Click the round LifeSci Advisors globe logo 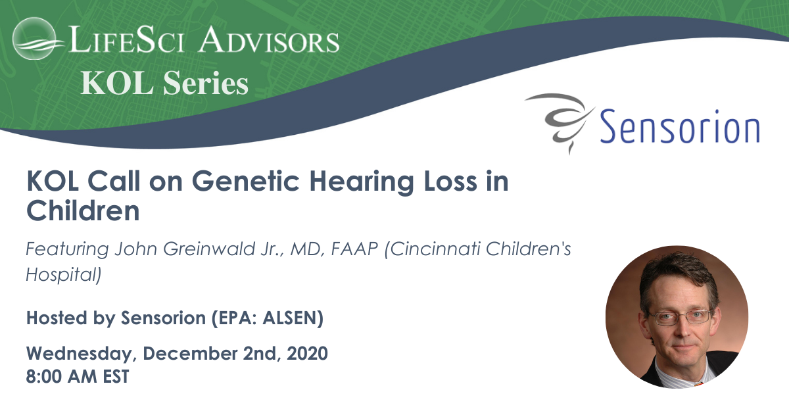34,38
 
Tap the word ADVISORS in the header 268,39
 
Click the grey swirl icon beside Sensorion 560,122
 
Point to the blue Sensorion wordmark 679,126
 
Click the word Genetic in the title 245,181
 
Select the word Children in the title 83,210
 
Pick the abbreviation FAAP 354,249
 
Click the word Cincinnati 433,249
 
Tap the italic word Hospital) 63,274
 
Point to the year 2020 307,353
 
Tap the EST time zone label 116,376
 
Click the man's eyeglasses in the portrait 679,317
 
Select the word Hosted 57,318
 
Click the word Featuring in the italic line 67,249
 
